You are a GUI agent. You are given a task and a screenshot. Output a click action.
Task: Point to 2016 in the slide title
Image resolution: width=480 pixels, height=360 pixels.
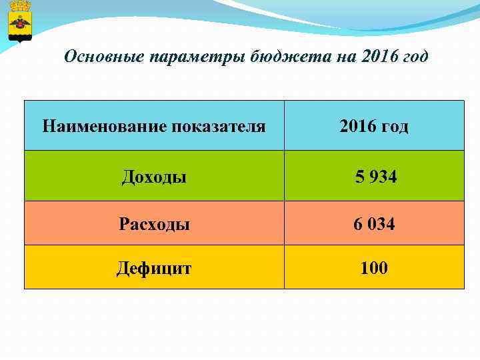pos(380,57)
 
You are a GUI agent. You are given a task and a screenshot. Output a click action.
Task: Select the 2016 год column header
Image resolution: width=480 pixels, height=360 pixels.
pos(373,125)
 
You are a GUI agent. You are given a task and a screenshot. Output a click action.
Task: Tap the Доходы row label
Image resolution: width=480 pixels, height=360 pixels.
pos(154,177)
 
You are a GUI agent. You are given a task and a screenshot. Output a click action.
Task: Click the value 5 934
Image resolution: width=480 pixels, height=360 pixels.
pos(376,177)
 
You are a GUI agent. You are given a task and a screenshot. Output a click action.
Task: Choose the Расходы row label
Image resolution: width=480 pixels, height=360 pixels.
pos(154,224)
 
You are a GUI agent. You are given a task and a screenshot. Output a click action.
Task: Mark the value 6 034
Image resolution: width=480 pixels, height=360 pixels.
pos(374,224)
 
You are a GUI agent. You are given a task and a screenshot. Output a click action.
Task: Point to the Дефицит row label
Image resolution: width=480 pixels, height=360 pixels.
pos(154,268)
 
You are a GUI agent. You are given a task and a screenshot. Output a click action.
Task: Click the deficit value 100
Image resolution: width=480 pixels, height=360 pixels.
pos(374,268)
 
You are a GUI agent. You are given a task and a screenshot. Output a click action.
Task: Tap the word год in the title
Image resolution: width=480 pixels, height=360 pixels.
pos(416,57)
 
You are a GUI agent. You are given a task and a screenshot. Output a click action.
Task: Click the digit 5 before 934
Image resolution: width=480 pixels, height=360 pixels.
pos(360,177)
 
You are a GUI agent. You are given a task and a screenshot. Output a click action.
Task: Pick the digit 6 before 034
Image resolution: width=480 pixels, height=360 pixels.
pos(358,224)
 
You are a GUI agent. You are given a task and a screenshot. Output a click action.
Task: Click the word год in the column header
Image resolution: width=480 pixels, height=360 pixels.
pos(394,125)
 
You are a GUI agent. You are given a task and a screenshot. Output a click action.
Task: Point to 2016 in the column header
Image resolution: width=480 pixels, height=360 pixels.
pos(357,125)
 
